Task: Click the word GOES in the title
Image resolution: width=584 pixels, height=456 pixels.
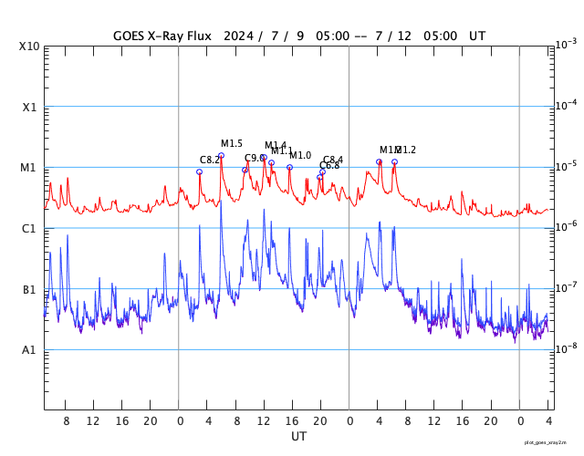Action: (130, 36)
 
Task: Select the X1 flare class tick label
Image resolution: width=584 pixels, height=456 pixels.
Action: (30, 107)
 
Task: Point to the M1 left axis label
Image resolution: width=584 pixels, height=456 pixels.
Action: (30, 168)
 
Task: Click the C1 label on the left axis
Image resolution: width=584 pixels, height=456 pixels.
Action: (30, 228)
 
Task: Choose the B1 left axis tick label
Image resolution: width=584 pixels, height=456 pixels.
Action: (30, 289)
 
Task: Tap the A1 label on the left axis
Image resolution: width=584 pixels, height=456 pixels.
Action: (30, 350)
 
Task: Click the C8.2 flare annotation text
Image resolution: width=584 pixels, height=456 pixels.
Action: (210, 161)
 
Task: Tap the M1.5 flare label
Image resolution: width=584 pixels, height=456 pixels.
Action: (232, 144)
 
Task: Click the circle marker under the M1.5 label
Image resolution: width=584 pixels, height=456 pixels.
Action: (221, 156)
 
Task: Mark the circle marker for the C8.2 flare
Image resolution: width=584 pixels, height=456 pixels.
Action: (199, 171)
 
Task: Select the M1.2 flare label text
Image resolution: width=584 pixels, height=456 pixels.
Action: (406, 150)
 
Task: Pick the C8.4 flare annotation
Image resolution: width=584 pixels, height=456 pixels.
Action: (333, 161)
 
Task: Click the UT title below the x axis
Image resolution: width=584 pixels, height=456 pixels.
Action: (298, 437)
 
